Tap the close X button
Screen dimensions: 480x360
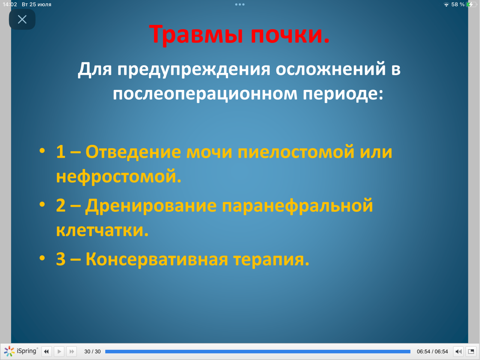[22, 19]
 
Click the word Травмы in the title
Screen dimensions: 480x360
[196, 34]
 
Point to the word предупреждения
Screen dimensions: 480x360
[194, 70]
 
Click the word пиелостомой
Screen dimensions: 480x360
[296, 151]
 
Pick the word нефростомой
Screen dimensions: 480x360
[119, 176]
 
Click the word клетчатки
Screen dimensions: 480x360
[102, 230]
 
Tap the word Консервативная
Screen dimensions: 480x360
[157, 259]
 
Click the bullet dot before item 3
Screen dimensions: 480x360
[42, 258]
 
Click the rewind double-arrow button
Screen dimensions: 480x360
[46, 352]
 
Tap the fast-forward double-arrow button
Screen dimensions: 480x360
[72, 352]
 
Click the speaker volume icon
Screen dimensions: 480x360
[458, 352]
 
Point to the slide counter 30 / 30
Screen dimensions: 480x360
[93, 352]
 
